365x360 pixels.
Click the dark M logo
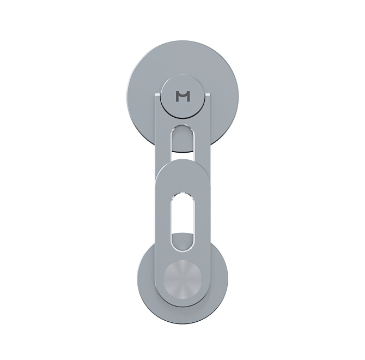(182, 97)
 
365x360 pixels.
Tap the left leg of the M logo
(178, 97)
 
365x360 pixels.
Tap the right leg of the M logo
(188, 97)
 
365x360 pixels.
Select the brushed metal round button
(182, 279)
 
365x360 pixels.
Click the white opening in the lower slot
(182, 214)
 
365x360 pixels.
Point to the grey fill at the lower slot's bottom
(182, 242)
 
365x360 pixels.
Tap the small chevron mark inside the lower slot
(182, 238)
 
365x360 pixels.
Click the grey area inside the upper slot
(182, 139)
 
